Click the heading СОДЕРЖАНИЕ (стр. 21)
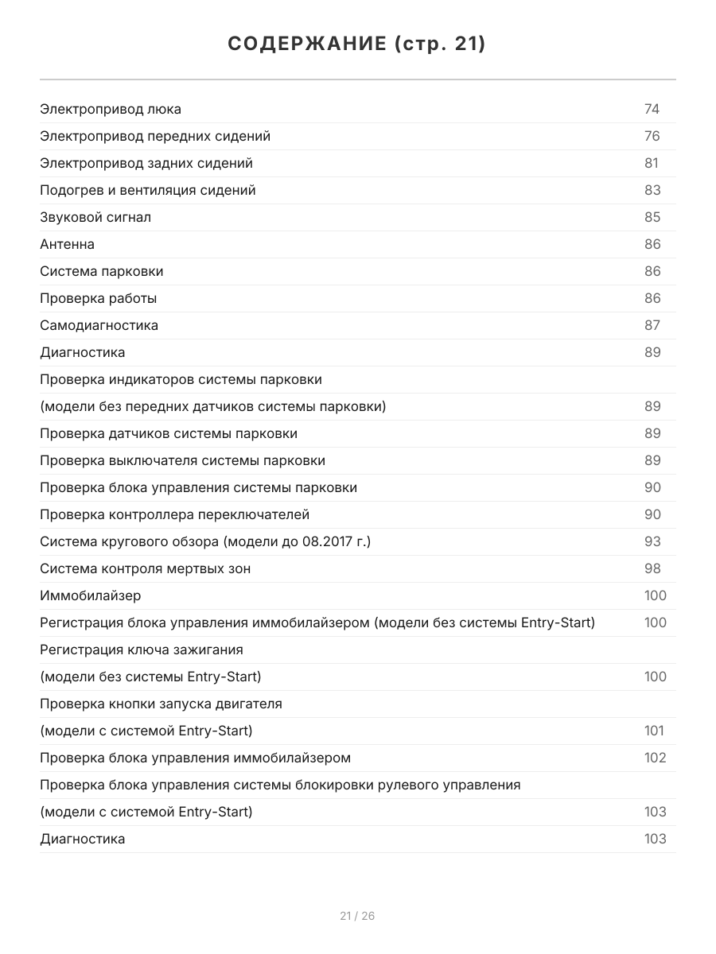[x=357, y=45]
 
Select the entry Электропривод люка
[x=111, y=109]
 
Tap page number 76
[x=652, y=136]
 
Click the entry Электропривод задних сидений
[x=146, y=163]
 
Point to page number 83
[x=652, y=190]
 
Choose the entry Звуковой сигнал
[x=95, y=217]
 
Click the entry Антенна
[x=67, y=244]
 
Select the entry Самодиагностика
[x=99, y=325]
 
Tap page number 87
[x=652, y=325]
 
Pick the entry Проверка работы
[x=98, y=298]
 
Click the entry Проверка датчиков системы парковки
[x=169, y=433]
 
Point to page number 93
[x=652, y=541]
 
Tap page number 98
[x=652, y=568]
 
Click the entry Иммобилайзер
[x=91, y=595]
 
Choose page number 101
[x=655, y=731]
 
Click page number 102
[x=655, y=758]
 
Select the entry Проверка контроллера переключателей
[x=174, y=514]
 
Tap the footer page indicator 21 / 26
[x=357, y=916]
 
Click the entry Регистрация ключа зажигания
[x=142, y=650]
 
